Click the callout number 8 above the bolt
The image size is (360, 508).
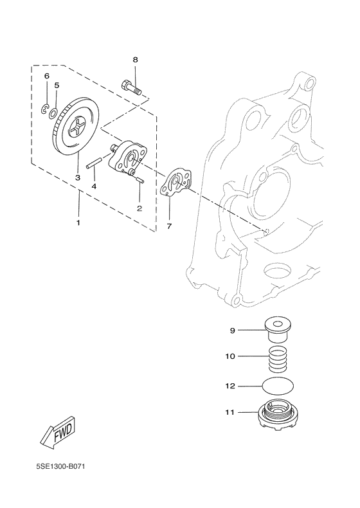[135, 60]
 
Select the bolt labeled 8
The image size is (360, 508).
[131, 87]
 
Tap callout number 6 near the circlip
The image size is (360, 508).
[46, 76]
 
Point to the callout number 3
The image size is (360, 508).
[77, 177]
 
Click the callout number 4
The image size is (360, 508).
[94, 186]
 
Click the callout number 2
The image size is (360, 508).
[139, 208]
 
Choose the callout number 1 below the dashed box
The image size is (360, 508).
[78, 222]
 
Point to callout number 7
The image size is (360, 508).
[169, 226]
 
